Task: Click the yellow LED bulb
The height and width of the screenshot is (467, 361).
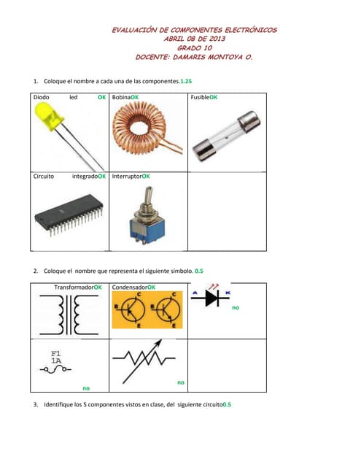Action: (x=49, y=116)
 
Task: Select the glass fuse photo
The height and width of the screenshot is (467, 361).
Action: (x=226, y=136)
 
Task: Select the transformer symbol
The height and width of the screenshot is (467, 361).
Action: (x=69, y=314)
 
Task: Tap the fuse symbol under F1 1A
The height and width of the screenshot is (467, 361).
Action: (x=55, y=370)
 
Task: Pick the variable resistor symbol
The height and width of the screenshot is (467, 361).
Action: (x=144, y=361)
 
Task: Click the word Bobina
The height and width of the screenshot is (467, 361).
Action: (x=121, y=97)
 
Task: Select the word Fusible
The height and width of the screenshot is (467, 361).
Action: (x=200, y=97)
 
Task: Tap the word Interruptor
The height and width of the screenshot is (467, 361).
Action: (x=127, y=177)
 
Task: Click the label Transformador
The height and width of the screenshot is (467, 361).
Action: (x=74, y=287)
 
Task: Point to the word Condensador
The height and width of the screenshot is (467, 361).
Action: (x=130, y=287)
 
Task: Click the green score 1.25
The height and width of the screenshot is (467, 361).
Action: (x=186, y=81)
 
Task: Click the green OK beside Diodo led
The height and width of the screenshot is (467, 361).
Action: (x=102, y=97)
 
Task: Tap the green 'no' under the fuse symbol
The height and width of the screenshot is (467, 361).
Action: (x=86, y=388)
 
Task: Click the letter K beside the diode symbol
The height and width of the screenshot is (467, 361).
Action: (x=228, y=293)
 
